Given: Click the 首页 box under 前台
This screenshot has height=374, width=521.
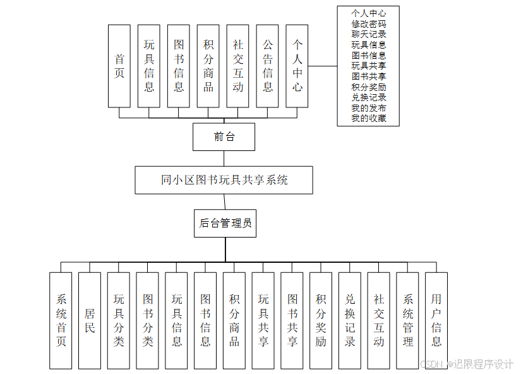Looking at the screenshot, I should [x=119, y=66].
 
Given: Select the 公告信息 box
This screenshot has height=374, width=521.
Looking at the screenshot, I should [x=268, y=66].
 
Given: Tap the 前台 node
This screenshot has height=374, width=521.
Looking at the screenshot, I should [x=224, y=136].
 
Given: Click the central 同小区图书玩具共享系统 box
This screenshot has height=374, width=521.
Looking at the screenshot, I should [x=224, y=180].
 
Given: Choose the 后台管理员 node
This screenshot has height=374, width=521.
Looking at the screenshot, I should [x=225, y=223].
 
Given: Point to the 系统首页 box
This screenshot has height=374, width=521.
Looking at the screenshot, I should [x=61, y=320].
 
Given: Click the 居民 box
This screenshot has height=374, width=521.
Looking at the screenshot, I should [x=90, y=320].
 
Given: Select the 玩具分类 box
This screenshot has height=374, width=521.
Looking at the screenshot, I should [x=119, y=320].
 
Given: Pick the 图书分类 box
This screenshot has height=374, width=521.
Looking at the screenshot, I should [x=147, y=320].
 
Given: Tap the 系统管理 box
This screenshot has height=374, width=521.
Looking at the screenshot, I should [x=407, y=320].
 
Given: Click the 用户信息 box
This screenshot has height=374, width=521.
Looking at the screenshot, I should [x=436, y=320].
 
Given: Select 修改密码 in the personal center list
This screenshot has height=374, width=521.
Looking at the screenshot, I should [x=369, y=23].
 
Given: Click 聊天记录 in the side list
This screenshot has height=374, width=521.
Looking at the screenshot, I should [x=369, y=34].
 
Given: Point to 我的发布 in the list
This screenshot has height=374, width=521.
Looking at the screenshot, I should [x=369, y=108].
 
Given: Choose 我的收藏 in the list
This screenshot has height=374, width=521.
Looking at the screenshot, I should [x=369, y=118].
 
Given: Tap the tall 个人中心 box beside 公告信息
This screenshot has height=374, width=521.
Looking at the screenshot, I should [x=297, y=66].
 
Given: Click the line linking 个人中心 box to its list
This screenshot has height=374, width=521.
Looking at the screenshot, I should [x=322, y=66].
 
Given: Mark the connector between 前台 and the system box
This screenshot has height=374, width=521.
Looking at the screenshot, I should [x=224, y=159].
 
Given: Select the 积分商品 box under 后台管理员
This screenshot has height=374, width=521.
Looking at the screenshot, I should [x=234, y=320].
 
